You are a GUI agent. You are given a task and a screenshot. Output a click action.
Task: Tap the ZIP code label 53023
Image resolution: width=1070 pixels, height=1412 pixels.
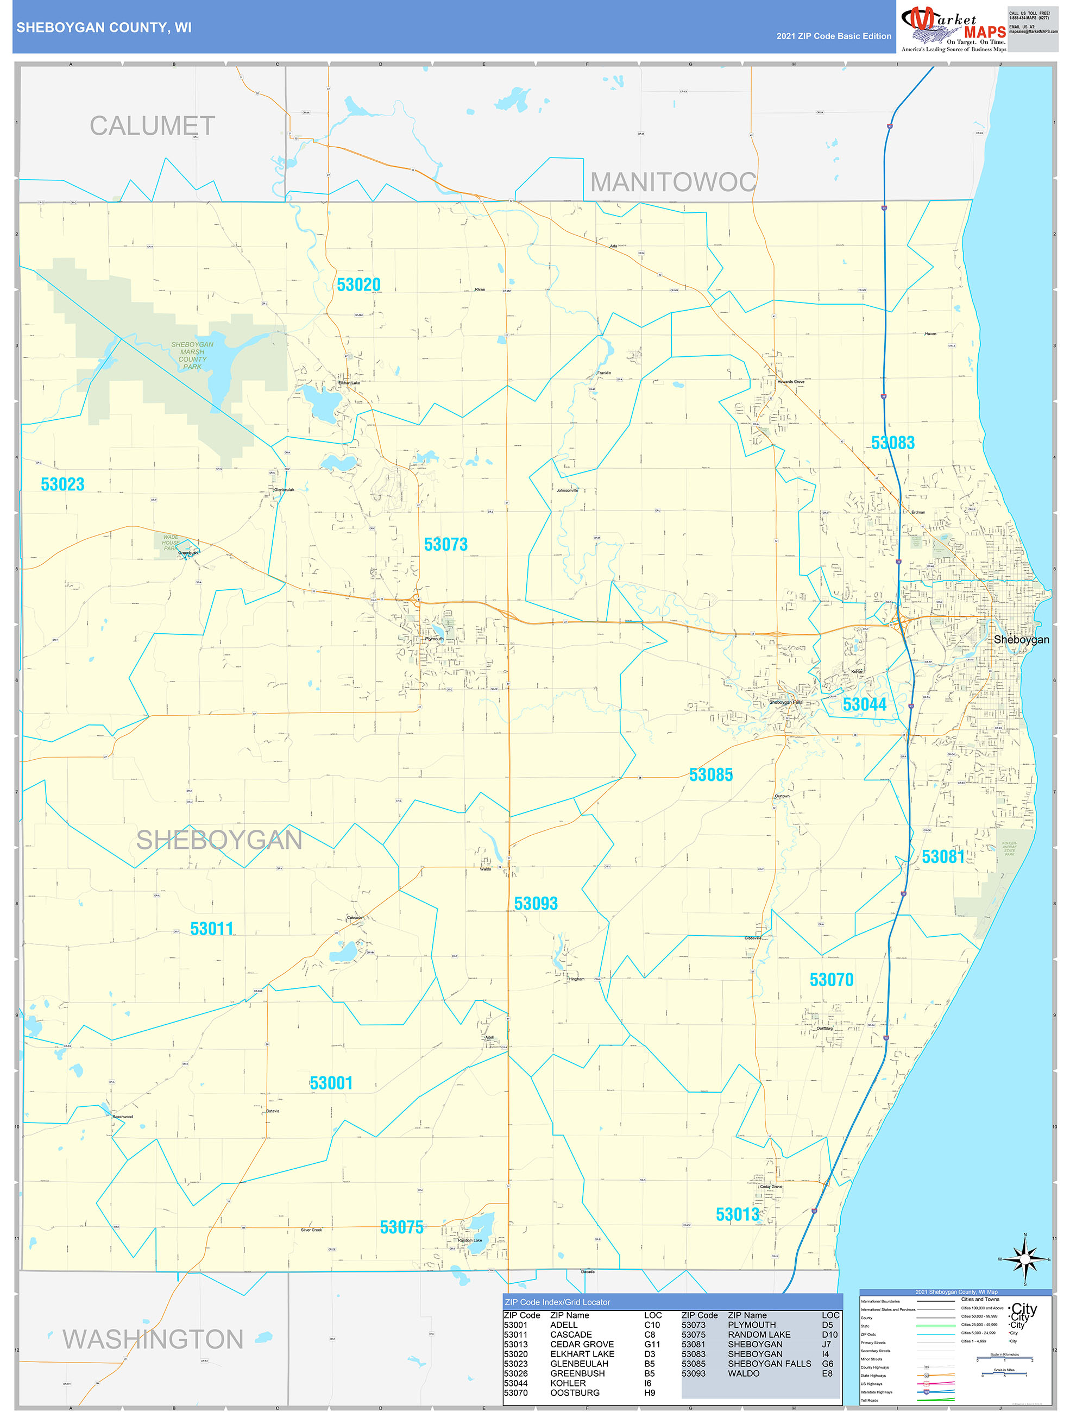coord(62,484)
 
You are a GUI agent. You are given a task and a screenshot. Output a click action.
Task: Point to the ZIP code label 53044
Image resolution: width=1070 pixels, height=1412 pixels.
coord(865,704)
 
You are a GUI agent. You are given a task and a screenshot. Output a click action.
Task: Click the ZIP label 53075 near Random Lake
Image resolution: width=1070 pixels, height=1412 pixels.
coord(401,1227)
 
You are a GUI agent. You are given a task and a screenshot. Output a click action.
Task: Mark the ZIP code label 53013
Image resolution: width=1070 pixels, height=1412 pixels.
coord(738,1214)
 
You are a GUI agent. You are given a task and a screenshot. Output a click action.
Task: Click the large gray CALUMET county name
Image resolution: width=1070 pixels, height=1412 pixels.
coord(152,126)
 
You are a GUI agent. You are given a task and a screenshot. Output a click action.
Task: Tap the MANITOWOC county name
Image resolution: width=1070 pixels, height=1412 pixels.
coord(672,182)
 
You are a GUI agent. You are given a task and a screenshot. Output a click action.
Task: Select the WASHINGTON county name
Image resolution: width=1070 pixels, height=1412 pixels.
coord(153,1339)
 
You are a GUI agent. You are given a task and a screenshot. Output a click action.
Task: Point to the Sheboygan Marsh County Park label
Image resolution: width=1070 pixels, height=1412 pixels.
coord(192,356)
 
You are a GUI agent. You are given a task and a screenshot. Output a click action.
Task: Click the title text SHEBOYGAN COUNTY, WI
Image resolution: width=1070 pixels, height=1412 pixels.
coord(103,28)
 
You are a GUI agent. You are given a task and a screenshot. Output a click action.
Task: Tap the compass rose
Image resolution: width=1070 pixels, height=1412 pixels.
coord(1025,1259)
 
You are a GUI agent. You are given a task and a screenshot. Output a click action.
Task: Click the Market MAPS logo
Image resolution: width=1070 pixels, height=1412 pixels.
coord(953,27)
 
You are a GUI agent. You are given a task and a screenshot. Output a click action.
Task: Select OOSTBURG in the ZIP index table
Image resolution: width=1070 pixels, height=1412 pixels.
coord(575,1392)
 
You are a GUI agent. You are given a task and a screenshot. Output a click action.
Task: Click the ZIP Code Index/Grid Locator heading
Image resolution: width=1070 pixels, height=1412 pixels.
coord(557,1302)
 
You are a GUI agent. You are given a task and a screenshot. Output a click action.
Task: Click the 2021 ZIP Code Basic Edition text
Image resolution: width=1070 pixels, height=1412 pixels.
coord(833,36)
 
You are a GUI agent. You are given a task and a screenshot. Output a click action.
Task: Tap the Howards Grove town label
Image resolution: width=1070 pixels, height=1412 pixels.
coord(790,382)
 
